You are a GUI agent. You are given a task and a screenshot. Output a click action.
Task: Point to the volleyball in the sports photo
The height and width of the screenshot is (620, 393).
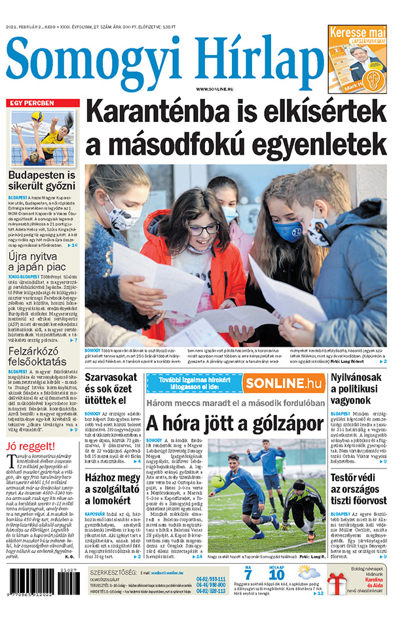click(x=37, y=116)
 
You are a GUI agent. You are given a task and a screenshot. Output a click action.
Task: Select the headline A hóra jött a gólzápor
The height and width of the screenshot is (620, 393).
click(x=234, y=423)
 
